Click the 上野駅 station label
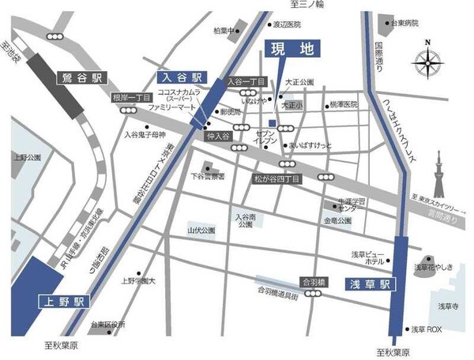tap(66, 302)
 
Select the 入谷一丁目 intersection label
tap(245, 81)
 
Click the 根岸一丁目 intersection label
tap(131, 98)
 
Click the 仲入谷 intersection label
tap(217, 137)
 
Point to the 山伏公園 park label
tap(201, 231)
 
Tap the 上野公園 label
tap(28, 158)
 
